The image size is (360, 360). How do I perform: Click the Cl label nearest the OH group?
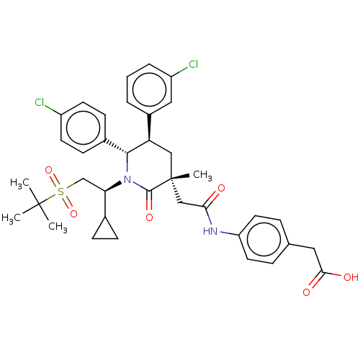192,65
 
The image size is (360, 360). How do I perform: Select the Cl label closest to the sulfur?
39,103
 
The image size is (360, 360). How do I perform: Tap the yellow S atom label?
60,192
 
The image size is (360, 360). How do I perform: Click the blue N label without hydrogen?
127,179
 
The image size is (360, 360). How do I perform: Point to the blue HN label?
210,231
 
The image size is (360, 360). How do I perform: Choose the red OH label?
351,277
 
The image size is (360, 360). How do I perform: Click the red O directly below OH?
307,292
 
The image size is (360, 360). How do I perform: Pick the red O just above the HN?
221,189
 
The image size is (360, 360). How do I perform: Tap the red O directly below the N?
149,217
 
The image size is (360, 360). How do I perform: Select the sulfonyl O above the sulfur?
49,171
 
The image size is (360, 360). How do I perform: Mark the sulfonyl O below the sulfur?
73,213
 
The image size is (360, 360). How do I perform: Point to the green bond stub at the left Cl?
50,109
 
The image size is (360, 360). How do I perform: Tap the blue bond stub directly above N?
127,167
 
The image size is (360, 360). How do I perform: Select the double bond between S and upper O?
55,181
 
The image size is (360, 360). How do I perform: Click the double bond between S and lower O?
67,202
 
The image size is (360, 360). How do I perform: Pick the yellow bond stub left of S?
52,196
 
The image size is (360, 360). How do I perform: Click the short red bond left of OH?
336,275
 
